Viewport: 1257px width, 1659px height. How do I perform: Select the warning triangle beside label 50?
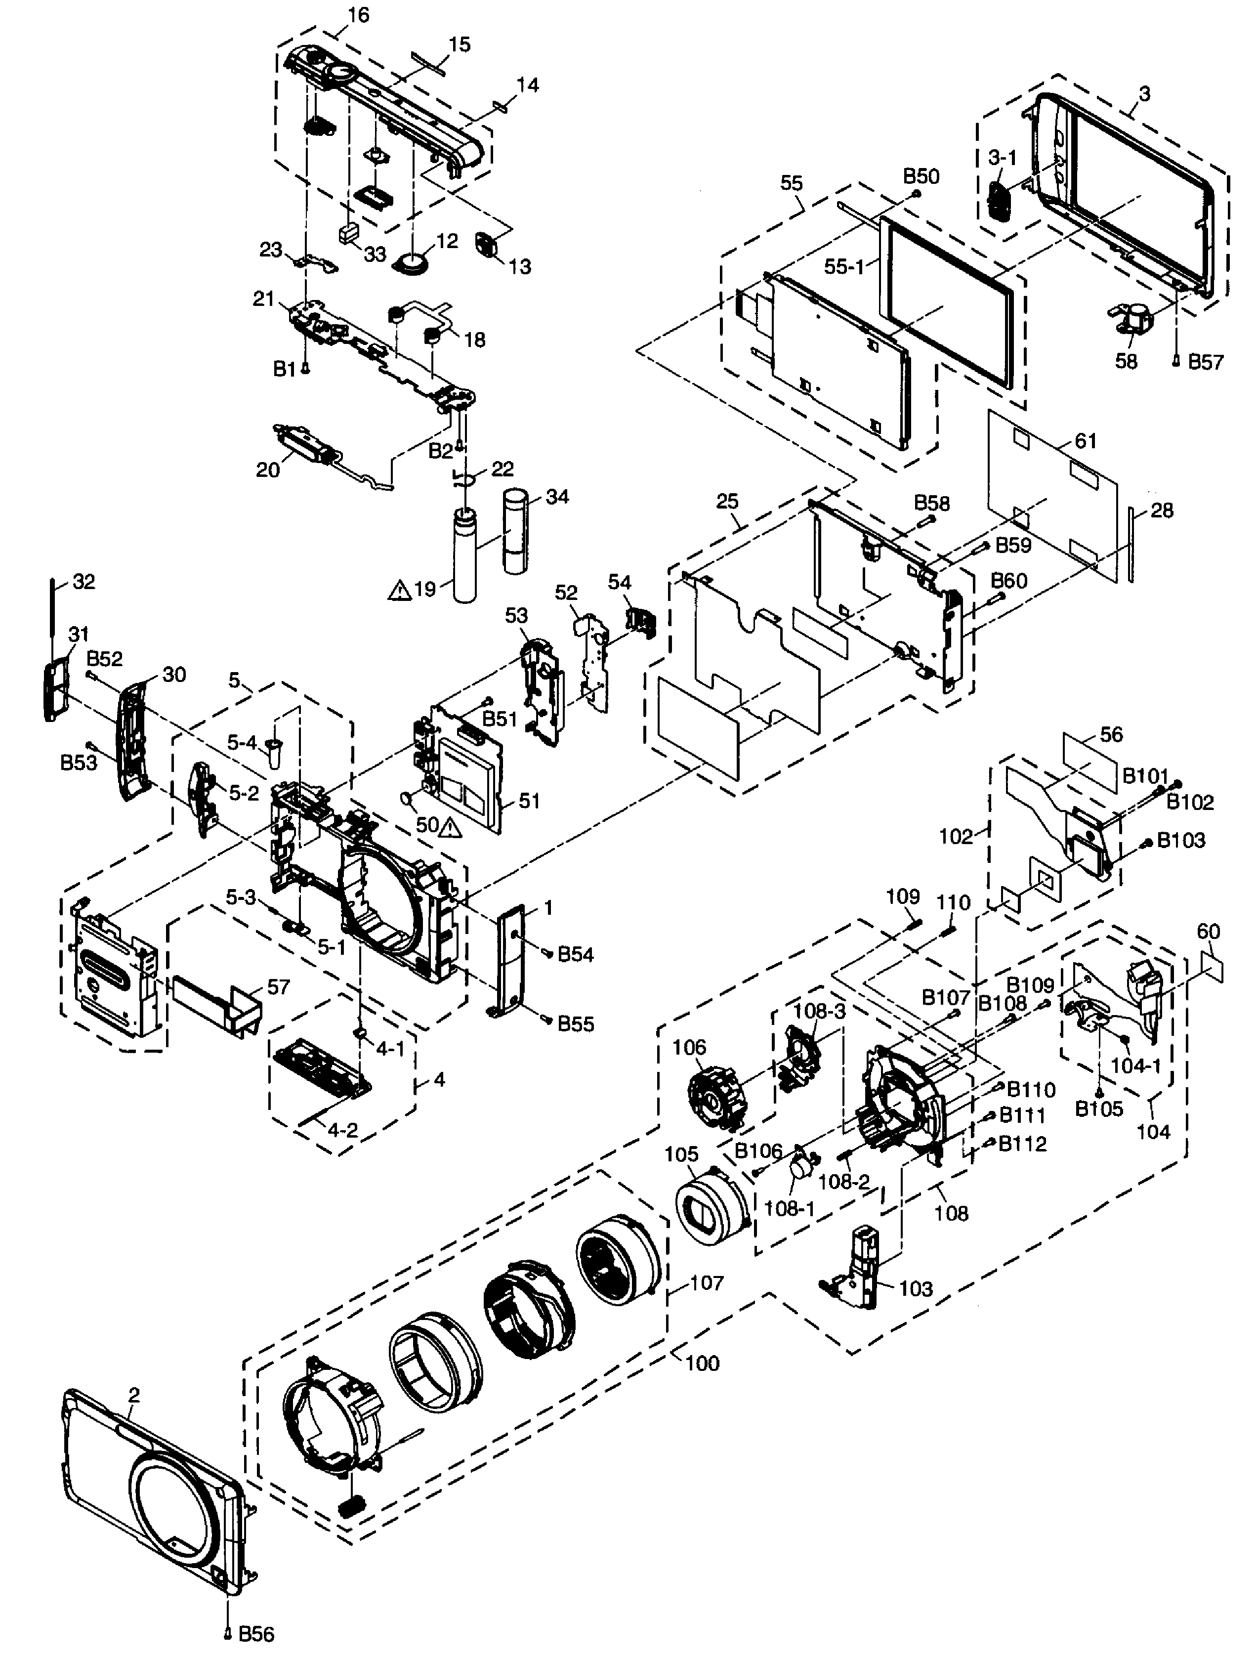451,828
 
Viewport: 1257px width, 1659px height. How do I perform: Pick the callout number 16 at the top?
359,14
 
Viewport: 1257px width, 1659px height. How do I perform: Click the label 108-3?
819,1010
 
